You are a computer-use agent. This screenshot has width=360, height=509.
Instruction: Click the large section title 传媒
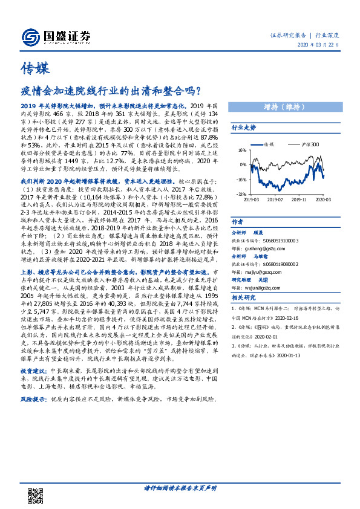(33, 68)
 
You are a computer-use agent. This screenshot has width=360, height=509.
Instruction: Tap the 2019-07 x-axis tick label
(276, 199)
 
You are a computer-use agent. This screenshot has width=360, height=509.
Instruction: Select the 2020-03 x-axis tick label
(322, 199)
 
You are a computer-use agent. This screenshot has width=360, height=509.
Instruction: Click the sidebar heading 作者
(238, 222)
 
